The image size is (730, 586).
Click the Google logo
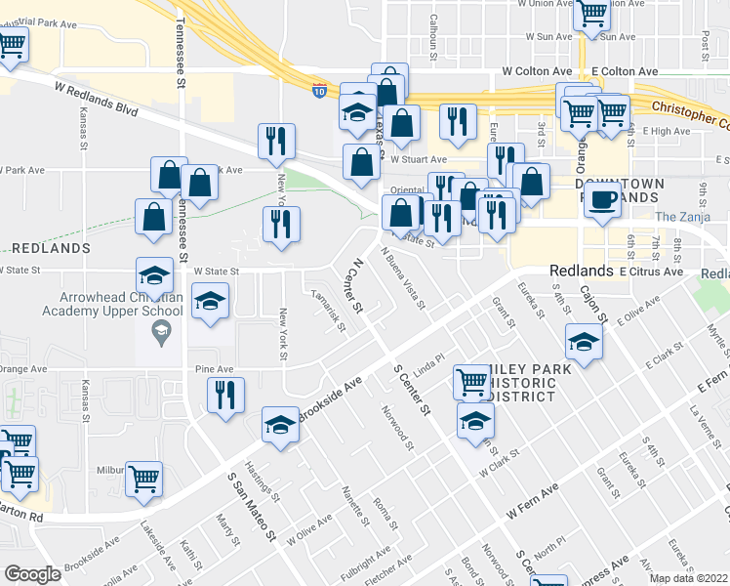click(x=32, y=574)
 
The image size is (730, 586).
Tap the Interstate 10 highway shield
click(x=320, y=90)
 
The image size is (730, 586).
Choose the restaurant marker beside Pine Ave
click(x=225, y=396)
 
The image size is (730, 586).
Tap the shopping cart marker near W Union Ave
click(x=592, y=15)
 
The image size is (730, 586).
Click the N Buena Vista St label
click(x=404, y=278)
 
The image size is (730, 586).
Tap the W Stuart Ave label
click(x=419, y=158)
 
